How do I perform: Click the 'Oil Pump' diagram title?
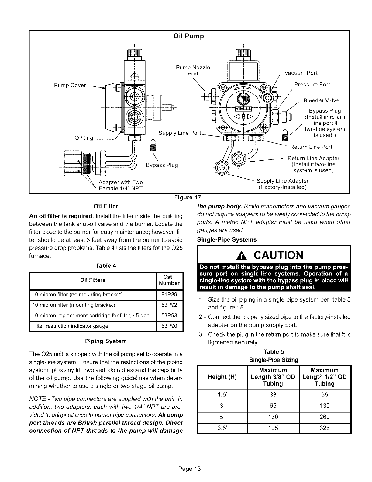tap(188, 36)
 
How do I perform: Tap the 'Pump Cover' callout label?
tap(70, 85)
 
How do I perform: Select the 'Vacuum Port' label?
tap(301, 73)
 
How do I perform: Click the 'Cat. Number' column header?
tap(169, 280)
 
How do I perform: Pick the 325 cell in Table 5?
tap(325, 428)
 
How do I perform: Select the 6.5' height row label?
tap(222, 428)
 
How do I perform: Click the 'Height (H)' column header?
tap(222, 377)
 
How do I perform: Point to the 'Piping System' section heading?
tap(105, 341)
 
